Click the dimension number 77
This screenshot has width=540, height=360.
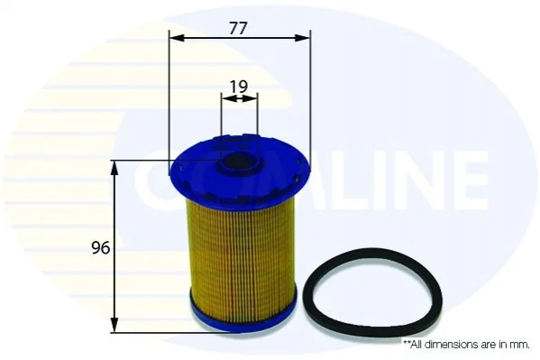(238, 29)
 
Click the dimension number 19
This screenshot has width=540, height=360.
(239, 87)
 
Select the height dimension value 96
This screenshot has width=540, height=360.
(100, 248)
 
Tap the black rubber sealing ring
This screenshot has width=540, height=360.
(372, 291)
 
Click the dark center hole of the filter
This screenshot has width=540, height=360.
(239, 162)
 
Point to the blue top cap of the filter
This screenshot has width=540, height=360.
(239, 169)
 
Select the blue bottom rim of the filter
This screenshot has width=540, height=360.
(243, 316)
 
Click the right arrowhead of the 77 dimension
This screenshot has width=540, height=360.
(302, 38)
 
